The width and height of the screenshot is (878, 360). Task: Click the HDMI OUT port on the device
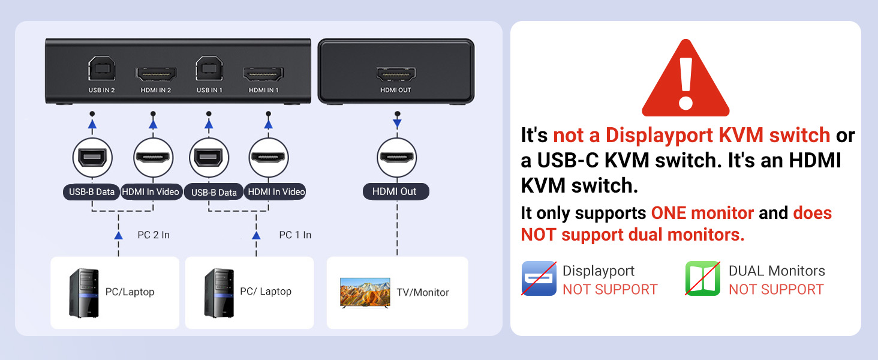tap(396, 74)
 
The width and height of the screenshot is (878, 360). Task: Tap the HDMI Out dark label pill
tap(396, 191)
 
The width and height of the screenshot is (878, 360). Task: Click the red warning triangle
tap(685, 81)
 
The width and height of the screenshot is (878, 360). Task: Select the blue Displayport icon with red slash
tap(539, 278)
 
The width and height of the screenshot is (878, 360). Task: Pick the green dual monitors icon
tap(703, 278)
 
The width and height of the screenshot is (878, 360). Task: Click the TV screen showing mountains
tap(365, 292)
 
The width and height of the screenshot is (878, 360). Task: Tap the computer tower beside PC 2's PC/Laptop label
tap(83, 293)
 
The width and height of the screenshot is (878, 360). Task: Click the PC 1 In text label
tap(295, 235)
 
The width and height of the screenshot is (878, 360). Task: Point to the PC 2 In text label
tap(154, 235)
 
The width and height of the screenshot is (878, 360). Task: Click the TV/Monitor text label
tap(423, 293)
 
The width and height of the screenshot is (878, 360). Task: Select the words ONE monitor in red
tap(702, 213)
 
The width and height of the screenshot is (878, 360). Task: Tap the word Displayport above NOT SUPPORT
tap(599, 271)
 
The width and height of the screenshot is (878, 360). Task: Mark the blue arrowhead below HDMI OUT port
tap(396, 124)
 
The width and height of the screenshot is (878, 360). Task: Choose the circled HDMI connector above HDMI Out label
tap(396, 157)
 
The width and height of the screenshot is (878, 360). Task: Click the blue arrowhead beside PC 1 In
tap(257, 235)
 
